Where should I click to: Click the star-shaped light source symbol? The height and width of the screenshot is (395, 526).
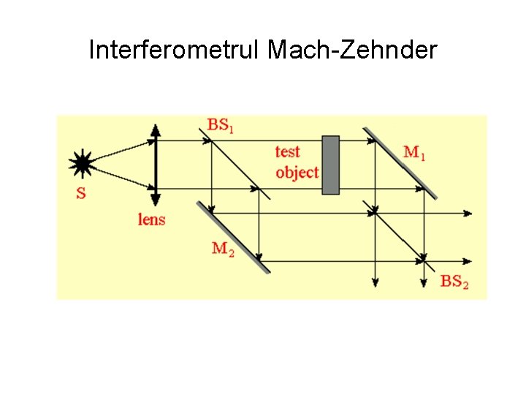(81, 164)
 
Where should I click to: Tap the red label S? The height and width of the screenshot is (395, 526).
(80, 195)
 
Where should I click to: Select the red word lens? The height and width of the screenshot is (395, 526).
(151, 219)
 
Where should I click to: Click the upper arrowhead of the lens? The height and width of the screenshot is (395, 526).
(155, 130)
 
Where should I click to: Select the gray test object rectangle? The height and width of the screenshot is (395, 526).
(330, 165)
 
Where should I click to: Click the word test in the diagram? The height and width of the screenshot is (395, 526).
(287, 151)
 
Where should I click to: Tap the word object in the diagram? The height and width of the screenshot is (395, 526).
(297, 173)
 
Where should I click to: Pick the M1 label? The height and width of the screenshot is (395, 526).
(413, 152)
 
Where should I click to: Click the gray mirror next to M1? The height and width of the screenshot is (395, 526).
(400, 163)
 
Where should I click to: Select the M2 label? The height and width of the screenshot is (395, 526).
(223, 249)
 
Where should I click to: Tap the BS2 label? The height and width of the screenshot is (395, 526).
(454, 281)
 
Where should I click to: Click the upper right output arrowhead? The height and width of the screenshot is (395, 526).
(468, 214)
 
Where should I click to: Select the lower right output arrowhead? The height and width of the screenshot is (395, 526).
(468, 261)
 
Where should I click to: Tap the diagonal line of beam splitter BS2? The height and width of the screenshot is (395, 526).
(398, 235)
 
